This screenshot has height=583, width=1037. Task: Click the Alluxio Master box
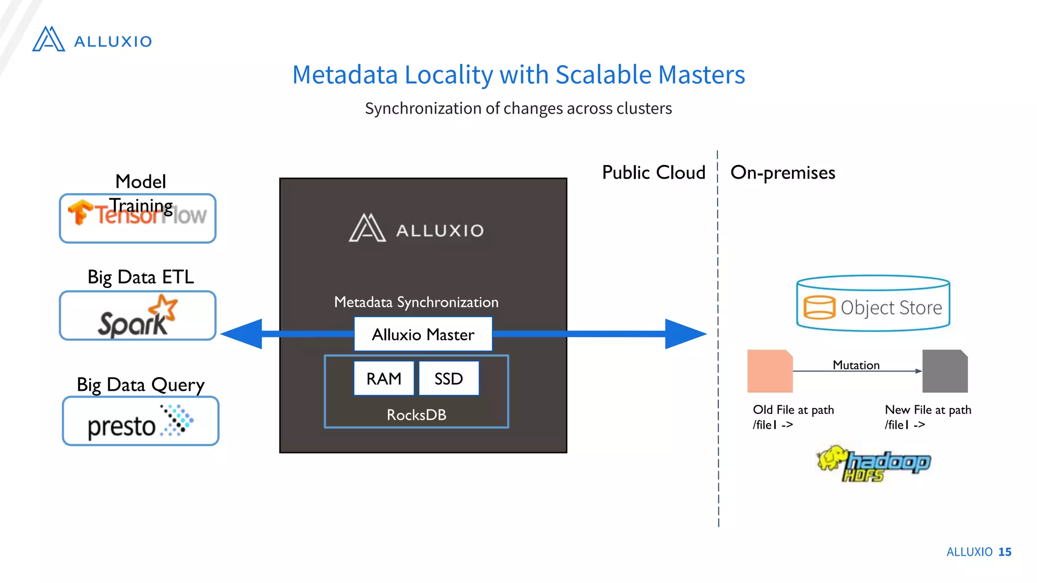[x=423, y=334]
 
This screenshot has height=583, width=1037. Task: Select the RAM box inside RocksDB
[x=384, y=379]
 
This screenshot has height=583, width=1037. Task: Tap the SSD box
[x=449, y=379]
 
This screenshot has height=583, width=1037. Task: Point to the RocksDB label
[x=416, y=415]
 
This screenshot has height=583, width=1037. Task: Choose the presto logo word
[x=122, y=427]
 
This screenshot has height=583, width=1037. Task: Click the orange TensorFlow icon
[x=80, y=212]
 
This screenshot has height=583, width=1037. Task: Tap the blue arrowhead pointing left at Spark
[x=243, y=334]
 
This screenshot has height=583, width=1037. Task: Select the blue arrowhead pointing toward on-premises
[x=685, y=334]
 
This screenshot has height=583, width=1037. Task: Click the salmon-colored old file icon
[x=770, y=371]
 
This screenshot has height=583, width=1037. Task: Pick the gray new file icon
[x=945, y=371]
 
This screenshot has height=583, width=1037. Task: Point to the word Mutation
[x=856, y=365]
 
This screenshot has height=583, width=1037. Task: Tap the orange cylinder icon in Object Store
[x=819, y=307]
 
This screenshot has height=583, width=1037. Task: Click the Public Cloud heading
[x=653, y=173]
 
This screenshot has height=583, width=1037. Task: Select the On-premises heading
[x=782, y=173]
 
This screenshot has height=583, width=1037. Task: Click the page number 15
[x=1005, y=552]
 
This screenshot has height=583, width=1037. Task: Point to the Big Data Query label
[x=140, y=385]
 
